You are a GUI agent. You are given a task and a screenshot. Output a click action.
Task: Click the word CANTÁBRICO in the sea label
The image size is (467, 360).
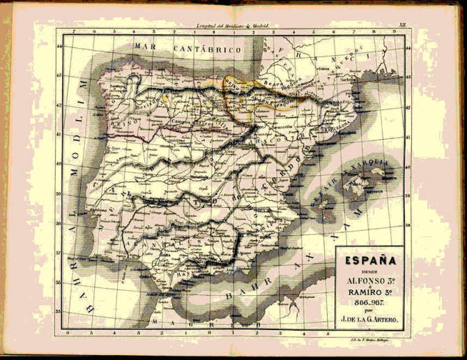(x=208, y=50)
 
